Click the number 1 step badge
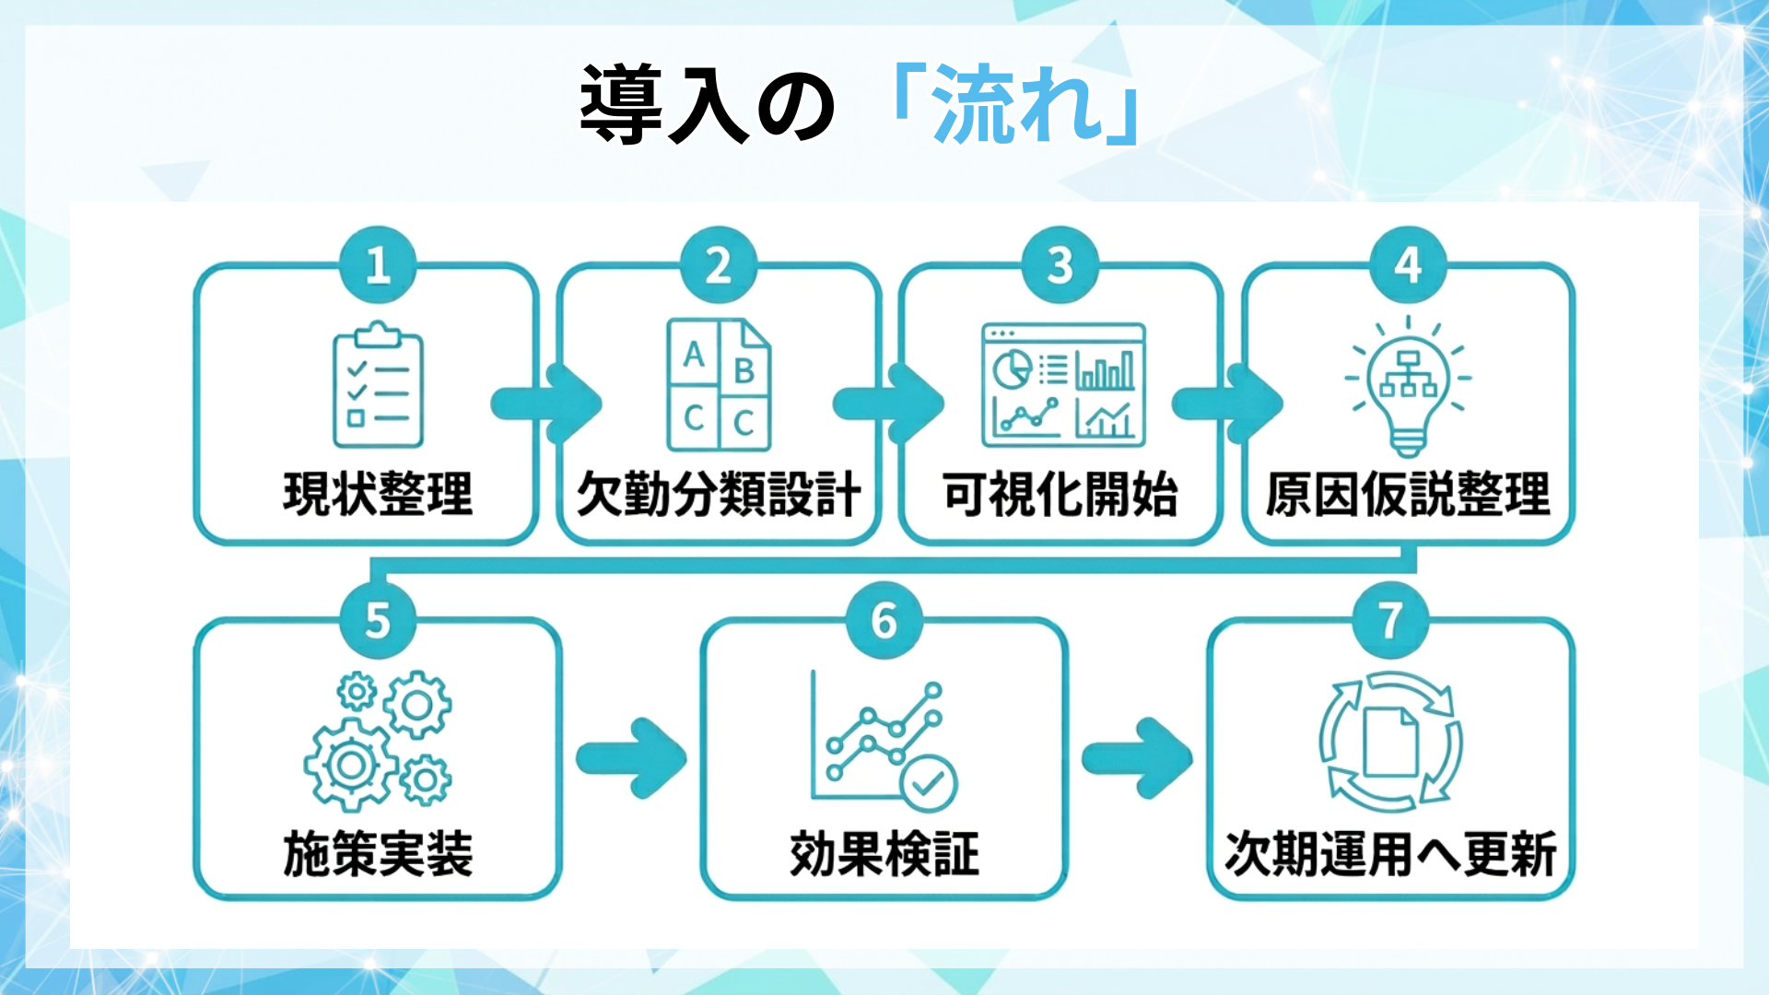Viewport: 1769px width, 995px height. point(378,265)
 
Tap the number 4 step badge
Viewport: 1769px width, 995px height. point(1407,265)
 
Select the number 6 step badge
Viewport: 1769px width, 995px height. point(884,621)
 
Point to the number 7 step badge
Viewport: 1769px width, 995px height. point(1390,621)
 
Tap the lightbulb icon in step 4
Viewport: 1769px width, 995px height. point(1407,387)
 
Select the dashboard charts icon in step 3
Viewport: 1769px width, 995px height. point(1063,384)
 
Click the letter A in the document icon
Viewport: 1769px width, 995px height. point(694,355)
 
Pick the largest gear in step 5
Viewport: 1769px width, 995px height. point(350,765)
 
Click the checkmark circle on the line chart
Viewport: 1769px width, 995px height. point(928,783)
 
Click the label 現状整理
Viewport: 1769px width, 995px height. point(378,495)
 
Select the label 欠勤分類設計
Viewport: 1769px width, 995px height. point(719,495)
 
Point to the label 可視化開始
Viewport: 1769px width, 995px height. point(1060,495)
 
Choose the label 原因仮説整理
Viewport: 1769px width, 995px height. point(1407,495)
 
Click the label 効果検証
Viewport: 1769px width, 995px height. point(884,854)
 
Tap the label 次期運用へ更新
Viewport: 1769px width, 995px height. point(1390,854)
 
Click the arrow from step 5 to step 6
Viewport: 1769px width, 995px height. point(632,758)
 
